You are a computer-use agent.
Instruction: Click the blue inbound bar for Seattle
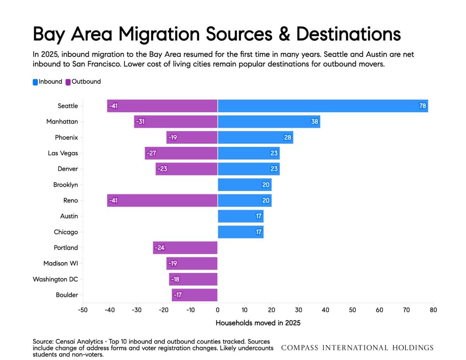click(323, 106)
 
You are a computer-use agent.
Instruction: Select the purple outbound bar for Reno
click(162, 200)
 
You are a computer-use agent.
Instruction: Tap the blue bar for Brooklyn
click(245, 184)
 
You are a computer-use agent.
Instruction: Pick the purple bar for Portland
click(185, 248)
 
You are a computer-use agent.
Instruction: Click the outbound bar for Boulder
click(195, 295)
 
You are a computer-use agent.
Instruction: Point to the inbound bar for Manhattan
click(269, 122)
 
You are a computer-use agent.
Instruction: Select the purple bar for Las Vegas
click(181, 153)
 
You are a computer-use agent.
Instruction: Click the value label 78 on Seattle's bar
click(423, 106)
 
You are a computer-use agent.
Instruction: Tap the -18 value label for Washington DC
click(175, 279)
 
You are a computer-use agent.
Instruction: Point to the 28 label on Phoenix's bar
click(288, 137)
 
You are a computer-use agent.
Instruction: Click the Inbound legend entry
click(47, 82)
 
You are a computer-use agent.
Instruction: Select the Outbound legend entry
click(83, 82)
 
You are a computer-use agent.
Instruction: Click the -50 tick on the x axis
click(83, 310)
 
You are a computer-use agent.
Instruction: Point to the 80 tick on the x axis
click(433, 310)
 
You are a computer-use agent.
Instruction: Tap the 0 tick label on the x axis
click(218, 310)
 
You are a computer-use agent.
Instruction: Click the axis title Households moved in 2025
click(258, 323)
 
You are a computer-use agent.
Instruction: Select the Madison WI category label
click(61, 263)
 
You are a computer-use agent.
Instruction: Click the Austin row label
click(69, 216)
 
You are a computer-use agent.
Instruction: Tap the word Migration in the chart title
click(159, 34)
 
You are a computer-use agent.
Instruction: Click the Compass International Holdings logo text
click(357, 348)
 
